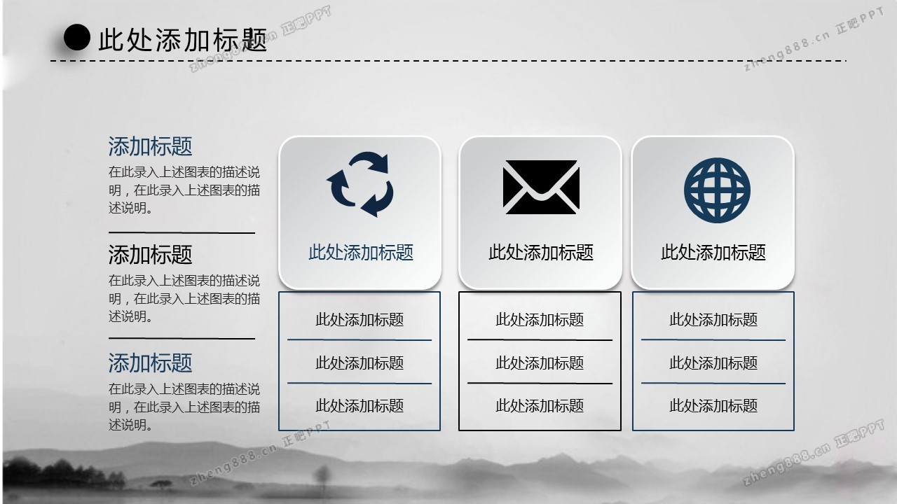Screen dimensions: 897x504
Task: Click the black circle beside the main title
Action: (x=77, y=37)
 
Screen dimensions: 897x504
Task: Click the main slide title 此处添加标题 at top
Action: (x=183, y=40)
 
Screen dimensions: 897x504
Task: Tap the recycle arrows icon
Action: (x=360, y=184)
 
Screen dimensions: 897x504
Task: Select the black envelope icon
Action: (x=541, y=187)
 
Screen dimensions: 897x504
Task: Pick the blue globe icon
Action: (x=717, y=190)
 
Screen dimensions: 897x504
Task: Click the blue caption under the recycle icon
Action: (x=361, y=253)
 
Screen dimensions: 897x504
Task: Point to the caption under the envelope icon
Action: (x=541, y=253)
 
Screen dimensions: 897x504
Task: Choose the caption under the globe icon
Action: (x=713, y=253)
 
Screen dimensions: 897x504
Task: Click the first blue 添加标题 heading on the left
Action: (x=150, y=146)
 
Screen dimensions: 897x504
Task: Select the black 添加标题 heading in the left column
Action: (x=150, y=255)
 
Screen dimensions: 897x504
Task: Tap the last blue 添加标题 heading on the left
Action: (x=150, y=363)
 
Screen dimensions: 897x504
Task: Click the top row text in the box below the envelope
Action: (x=540, y=320)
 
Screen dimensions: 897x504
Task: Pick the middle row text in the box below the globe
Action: (x=713, y=363)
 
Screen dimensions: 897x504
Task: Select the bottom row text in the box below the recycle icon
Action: (x=360, y=405)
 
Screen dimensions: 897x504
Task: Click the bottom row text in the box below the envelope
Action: (x=540, y=405)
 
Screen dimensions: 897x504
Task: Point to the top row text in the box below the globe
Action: (x=713, y=320)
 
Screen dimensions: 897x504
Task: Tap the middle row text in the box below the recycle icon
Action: (x=360, y=363)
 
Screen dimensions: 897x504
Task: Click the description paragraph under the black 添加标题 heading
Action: (x=184, y=298)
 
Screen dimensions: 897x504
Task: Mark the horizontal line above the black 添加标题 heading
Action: (x=182, y=232)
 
